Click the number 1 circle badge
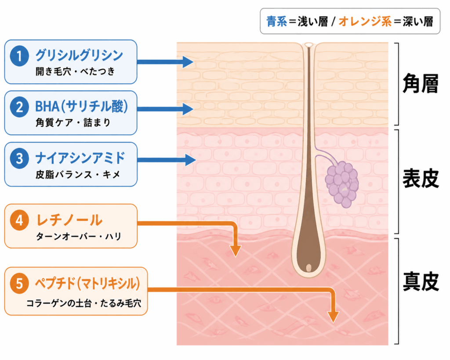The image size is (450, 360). tap(19, 56)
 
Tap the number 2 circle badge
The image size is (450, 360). tap(19, 107)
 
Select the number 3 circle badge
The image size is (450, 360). tap(19, 158)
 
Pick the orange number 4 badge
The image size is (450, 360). tap(19, 221)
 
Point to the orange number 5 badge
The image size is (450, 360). tap(19, 284)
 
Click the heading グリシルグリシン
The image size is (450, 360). tap(79, 55)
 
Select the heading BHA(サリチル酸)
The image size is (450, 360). tap(81, 106)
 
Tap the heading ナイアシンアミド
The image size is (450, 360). tap(80, 158)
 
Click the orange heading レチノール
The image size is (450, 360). tap(69, 220)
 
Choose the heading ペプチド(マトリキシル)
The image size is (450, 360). tap(87, 284)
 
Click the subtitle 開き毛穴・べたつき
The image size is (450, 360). tap(75, 72)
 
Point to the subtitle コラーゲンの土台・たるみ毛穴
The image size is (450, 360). tap(84, 303)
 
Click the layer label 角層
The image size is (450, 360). tap(421, 84)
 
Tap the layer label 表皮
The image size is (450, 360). tap(421, 178)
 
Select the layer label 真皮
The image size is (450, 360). tap(421, 282)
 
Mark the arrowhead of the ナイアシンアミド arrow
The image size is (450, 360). tap(190, 160)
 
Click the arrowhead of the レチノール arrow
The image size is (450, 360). tap(236, 251)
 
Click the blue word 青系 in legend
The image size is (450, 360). tap(277, 22)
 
